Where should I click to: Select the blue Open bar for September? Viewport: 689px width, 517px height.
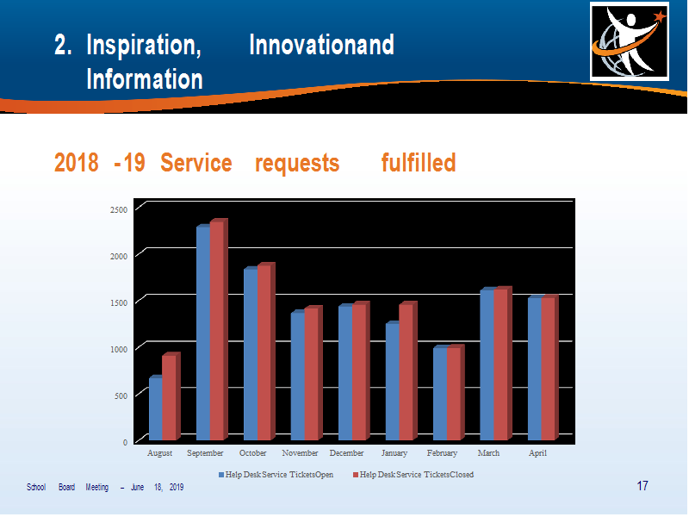203,333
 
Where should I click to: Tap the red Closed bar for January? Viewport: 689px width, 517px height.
407,371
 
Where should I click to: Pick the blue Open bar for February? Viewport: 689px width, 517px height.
440,394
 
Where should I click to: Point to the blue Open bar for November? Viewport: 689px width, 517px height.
298,376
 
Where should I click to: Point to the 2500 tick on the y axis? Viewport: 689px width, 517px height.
119,209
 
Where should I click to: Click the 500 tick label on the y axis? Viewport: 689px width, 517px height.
121,396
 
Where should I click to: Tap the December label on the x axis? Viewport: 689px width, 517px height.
347,453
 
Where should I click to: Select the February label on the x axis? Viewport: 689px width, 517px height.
442,453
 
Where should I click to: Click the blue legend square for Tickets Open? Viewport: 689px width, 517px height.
221,475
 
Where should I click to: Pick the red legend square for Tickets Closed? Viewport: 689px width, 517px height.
356,475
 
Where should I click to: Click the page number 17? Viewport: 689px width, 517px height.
642,486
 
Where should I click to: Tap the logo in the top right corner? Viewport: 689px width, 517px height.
630,41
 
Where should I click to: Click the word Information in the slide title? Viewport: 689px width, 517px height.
145,79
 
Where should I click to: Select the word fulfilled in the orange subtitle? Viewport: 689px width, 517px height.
419,163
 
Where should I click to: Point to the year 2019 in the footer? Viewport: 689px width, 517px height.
177,487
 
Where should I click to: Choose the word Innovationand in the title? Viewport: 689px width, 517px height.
321,45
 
